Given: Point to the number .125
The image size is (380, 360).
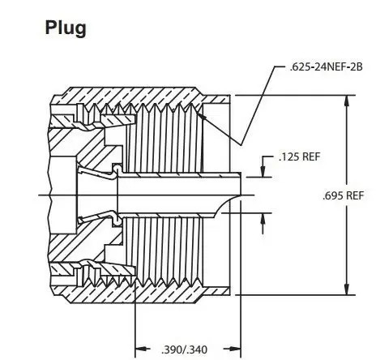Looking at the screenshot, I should [x=288, y=156].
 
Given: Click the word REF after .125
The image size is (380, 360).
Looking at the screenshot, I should [x=312, y=156].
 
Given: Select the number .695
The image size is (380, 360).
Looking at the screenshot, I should [x=333, y=195].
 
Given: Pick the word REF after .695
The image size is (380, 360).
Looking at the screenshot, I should [x=357, y=195].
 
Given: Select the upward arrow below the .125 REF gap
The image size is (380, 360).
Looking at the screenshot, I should [x=264, y=217].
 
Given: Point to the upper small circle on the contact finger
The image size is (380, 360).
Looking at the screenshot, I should [x=116, y=169].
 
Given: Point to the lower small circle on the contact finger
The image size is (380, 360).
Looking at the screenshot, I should [x=116, y=220].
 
